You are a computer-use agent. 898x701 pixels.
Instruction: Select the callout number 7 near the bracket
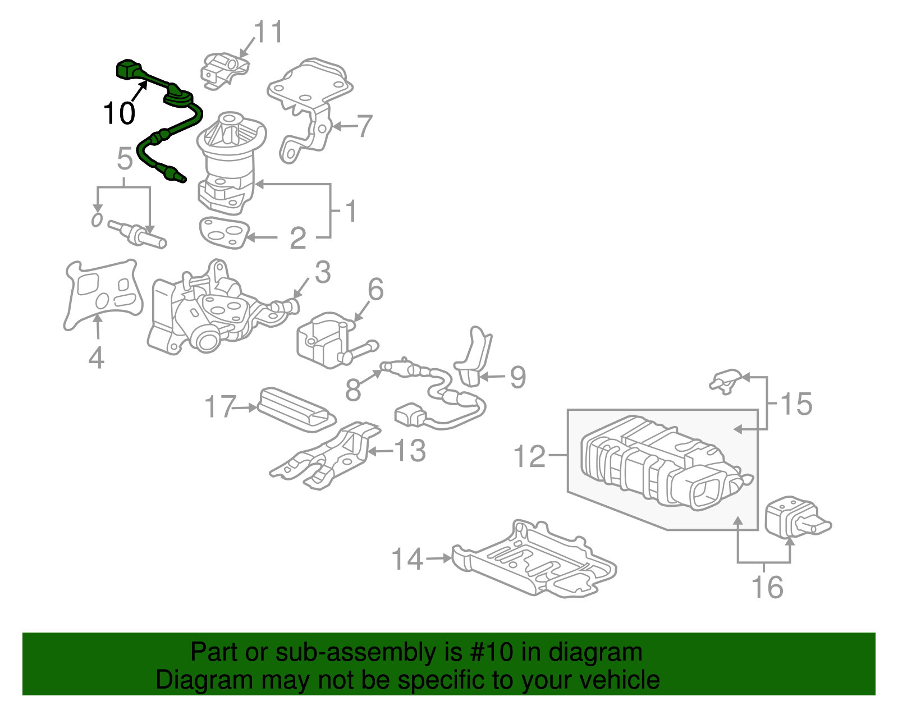click(x=364, y=126)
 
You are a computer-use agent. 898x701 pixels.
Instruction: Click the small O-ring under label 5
click(x=97, y=219)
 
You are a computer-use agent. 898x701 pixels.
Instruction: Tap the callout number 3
click(x=322, y=273)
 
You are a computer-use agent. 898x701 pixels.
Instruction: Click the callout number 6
click(x=375, y=290)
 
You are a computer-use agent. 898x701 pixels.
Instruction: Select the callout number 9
click(x=517, y=377)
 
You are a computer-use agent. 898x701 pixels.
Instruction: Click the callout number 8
click(x=352, y=390)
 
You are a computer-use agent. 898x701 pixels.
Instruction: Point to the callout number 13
click(x=410, y=451)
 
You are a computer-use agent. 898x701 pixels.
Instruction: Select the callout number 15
click(x=796, y=404)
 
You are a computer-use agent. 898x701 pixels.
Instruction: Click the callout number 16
click(x=767, y=587)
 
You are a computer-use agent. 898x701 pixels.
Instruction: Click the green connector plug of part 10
click(x=128, y=70)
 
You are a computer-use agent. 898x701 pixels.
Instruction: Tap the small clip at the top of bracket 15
click(x=727, y=379)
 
